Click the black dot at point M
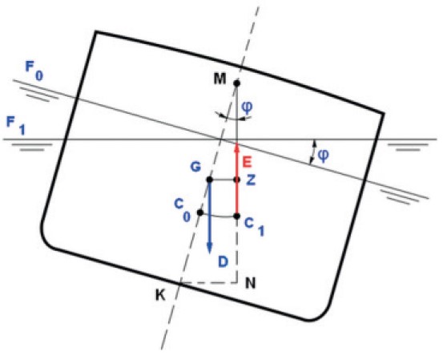click(x=237, y=83)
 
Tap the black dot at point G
click(x=209, y=180)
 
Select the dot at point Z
click(x=237, y=180)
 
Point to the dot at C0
click(x=200, y=212)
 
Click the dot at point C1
click(x=237, y=216)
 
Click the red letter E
click(x=247, y=163)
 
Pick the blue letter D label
click(x=223, y=262)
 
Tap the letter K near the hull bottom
click(x=160, y=295)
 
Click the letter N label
click(x=250, y=283)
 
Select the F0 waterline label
click(x=34, y=71)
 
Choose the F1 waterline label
click(x=16, y=126)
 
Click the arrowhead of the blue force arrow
click(x=209, y=248)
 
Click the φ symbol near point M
click(x=248, y=107)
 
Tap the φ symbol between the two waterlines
click(x=323, y=155)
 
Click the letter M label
click(x=219, y=79)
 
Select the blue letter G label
click(x=195, y=167)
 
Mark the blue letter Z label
click(x=251, y=180)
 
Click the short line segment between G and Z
click(x=224, y=180)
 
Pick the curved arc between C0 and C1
click(x=219, y=216)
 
